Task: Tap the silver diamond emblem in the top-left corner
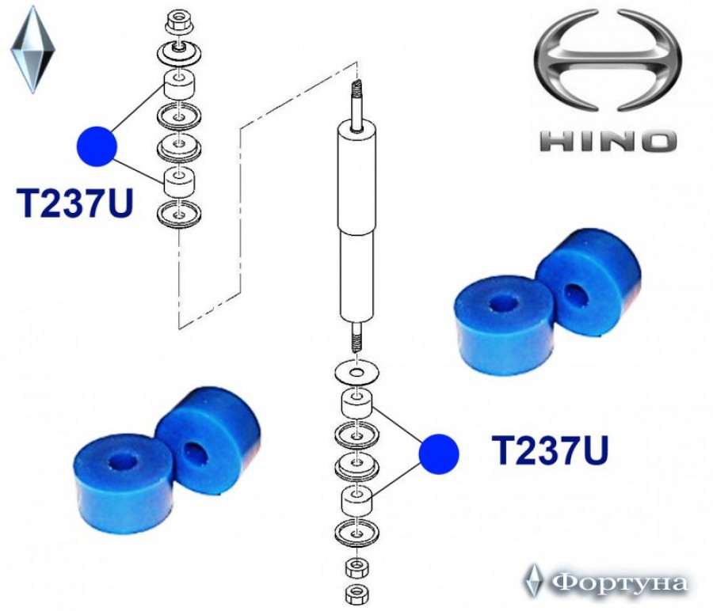[x=32, y=49]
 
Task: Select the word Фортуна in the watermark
[x=619, y=582]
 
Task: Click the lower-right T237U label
[x=549, y=450]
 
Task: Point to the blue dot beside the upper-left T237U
[x=97, y=146]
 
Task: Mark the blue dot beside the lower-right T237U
[x=439, y=454]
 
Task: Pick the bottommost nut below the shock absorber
[x=357, y=594]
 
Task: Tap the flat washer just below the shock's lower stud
[x=357, y=373]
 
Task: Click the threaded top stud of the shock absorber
[x=357, y=104]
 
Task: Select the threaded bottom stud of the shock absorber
[x=357, y=337]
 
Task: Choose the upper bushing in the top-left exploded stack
[x=179, y=85]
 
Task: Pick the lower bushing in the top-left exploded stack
[x=179, y=181]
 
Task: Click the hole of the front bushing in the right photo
[x=501, y=303]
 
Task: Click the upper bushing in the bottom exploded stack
[x=357, y=403]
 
